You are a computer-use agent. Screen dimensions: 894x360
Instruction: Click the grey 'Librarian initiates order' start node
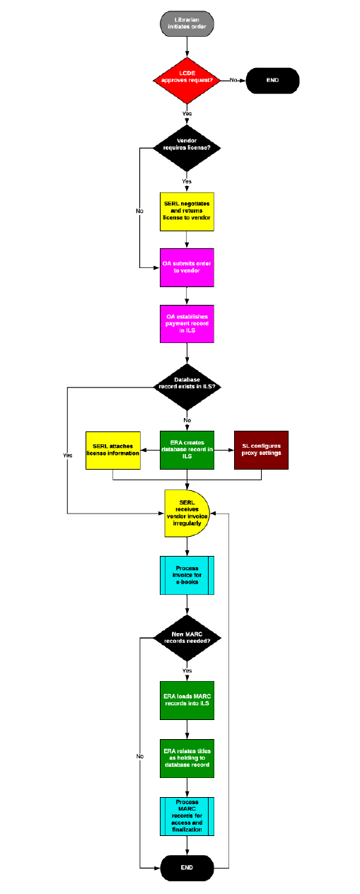tap(187, 23)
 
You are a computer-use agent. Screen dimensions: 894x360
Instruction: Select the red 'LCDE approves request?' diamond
tap(187, 80)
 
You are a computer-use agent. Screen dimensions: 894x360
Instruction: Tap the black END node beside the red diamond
tap(272, 80)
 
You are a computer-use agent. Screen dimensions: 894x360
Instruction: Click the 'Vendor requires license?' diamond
tap(187, 148)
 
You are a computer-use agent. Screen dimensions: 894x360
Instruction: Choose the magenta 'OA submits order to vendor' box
tap(187, 267)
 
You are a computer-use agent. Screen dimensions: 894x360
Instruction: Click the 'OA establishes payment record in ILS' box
tap(187, 324)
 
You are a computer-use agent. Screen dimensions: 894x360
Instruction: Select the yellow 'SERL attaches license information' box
tap(112, 450)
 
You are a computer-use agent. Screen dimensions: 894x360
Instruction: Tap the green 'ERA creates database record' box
tap(187, 450)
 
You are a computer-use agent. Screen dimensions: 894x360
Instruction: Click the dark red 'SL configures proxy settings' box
tap(262, 450)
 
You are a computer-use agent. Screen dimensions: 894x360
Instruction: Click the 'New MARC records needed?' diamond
tap(187, 638)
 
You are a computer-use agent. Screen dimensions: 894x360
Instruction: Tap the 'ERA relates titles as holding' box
tap(187, 758)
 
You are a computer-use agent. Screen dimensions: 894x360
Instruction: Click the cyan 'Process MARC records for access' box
tap(187, 815)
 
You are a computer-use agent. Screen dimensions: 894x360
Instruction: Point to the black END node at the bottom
tap(187, 866)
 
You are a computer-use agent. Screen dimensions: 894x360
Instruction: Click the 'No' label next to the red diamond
tap(233, 80)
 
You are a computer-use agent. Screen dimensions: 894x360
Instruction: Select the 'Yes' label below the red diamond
tap(187, 113)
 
